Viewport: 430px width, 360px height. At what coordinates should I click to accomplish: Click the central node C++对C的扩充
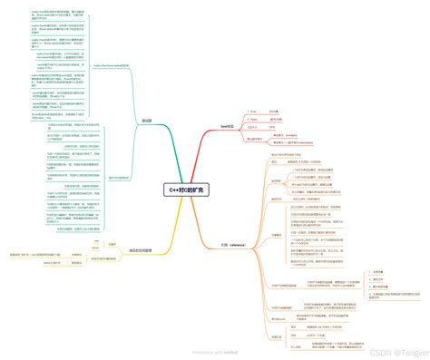click(x=187, y=190)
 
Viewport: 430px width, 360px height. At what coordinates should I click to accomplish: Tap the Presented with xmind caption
click(x=215, y=353)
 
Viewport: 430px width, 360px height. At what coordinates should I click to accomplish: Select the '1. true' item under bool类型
click(x=253, y=110)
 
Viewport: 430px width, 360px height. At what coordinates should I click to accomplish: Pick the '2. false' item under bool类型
click(x=254, y=118)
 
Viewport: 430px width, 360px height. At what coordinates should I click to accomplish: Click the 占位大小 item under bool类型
click(x=253, y=126)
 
